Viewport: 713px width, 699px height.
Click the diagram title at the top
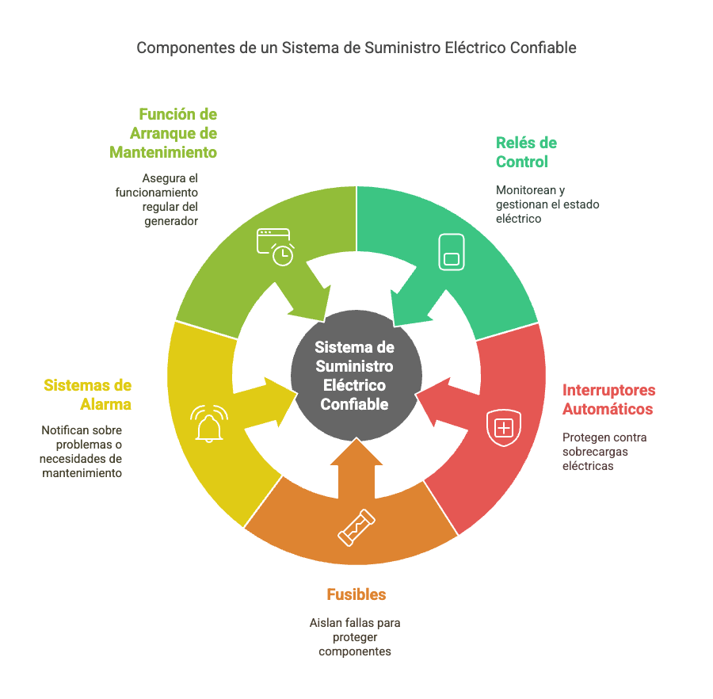[x=356, y=48]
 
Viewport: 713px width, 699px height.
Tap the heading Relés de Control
[x=526, y=152]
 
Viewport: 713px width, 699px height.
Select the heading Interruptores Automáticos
[x=608, y=399]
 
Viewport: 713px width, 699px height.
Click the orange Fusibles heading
[x=356, y=594]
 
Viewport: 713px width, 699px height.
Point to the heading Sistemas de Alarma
[x=88, y=395]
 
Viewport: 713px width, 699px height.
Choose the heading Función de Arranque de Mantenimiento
[x=163, y=133]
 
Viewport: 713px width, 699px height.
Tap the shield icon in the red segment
[x=504, y=427]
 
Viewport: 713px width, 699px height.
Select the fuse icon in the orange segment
[x=356, y=528]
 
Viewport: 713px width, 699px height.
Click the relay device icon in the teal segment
[x=452, y=252]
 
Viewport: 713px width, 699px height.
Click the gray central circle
[x=356, y=376]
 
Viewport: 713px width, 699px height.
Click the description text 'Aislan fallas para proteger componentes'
[x=355, y=636]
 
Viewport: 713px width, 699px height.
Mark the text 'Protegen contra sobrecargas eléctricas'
[x=604, y=451]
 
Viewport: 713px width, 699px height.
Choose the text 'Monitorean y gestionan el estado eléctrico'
[x=547, y=204]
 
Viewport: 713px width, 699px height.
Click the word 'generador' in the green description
[x=171, y=221]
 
